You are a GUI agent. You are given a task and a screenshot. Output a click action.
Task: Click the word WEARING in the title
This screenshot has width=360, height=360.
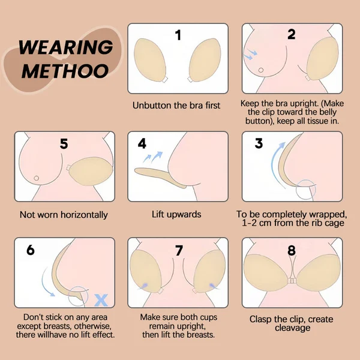[x=66, y=47]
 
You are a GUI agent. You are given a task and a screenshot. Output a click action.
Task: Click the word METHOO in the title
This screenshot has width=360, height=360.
[x=65, y=71]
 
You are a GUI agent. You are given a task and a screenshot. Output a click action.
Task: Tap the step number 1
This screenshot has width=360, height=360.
[x=178, y=35]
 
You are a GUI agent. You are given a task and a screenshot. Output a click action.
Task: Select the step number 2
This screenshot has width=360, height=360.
[x=292, y=34]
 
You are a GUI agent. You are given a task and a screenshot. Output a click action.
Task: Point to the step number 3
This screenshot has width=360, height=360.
[x=259, y=143]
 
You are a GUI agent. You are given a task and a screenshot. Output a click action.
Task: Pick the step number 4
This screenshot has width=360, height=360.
[x=142, y=143]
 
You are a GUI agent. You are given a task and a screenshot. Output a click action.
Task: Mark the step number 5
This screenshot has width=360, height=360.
[x=64, y=144]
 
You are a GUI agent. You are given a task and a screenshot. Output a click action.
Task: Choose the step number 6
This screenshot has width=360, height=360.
[x=31, y=250]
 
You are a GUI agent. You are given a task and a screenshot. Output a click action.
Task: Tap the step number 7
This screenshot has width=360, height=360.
[x=179, y=250]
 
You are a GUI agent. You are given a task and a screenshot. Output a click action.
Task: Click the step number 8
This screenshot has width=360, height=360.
[x=292, y=250]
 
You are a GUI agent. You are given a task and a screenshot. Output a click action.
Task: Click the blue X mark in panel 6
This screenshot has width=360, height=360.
[x=101, y=301]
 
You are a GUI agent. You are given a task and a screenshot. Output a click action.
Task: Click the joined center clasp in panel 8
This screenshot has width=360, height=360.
[x=292, y=281]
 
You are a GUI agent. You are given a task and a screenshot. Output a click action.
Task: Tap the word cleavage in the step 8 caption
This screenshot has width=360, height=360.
[x=292, y=328]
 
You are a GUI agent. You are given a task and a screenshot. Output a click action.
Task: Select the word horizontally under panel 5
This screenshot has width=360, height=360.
[x=84, y=215]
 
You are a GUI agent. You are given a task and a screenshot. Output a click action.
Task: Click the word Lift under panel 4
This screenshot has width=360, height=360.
[x=158, y=214]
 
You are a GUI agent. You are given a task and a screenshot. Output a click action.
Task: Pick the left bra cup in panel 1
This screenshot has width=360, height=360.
[x=150, y=60]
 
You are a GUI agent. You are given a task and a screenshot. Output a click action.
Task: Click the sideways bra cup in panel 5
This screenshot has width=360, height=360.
[x=91, y=171]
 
